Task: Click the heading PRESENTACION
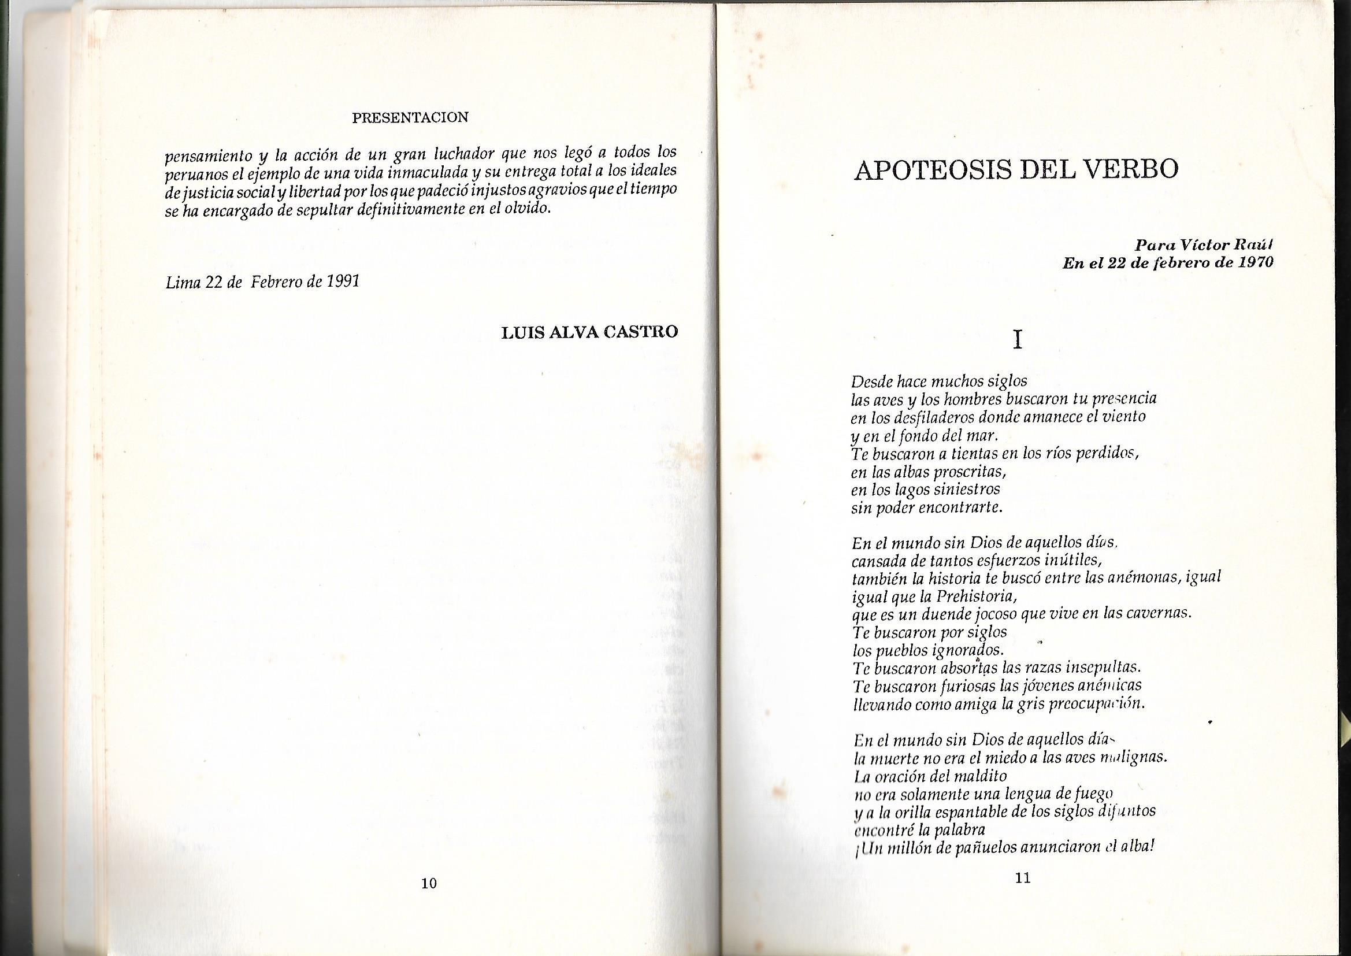coord(410,117)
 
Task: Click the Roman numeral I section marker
coord(1017,340)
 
